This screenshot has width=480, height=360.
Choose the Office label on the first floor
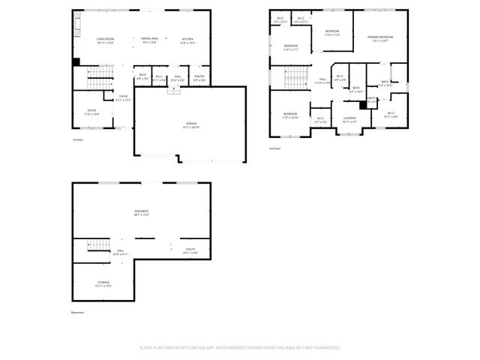pos(91,111)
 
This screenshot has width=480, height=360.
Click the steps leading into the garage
pos(174,89)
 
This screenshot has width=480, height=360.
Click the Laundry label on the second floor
pos(349,118)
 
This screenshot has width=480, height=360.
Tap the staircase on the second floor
pos(295,76)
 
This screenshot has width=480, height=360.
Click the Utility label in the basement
pos(190,250)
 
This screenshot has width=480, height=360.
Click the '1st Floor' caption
pos(77,140)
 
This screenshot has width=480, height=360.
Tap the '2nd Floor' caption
pos(275,148)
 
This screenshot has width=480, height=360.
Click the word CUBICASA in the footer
pos(217,347)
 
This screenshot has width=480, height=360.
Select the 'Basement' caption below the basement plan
pos(78,312)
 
